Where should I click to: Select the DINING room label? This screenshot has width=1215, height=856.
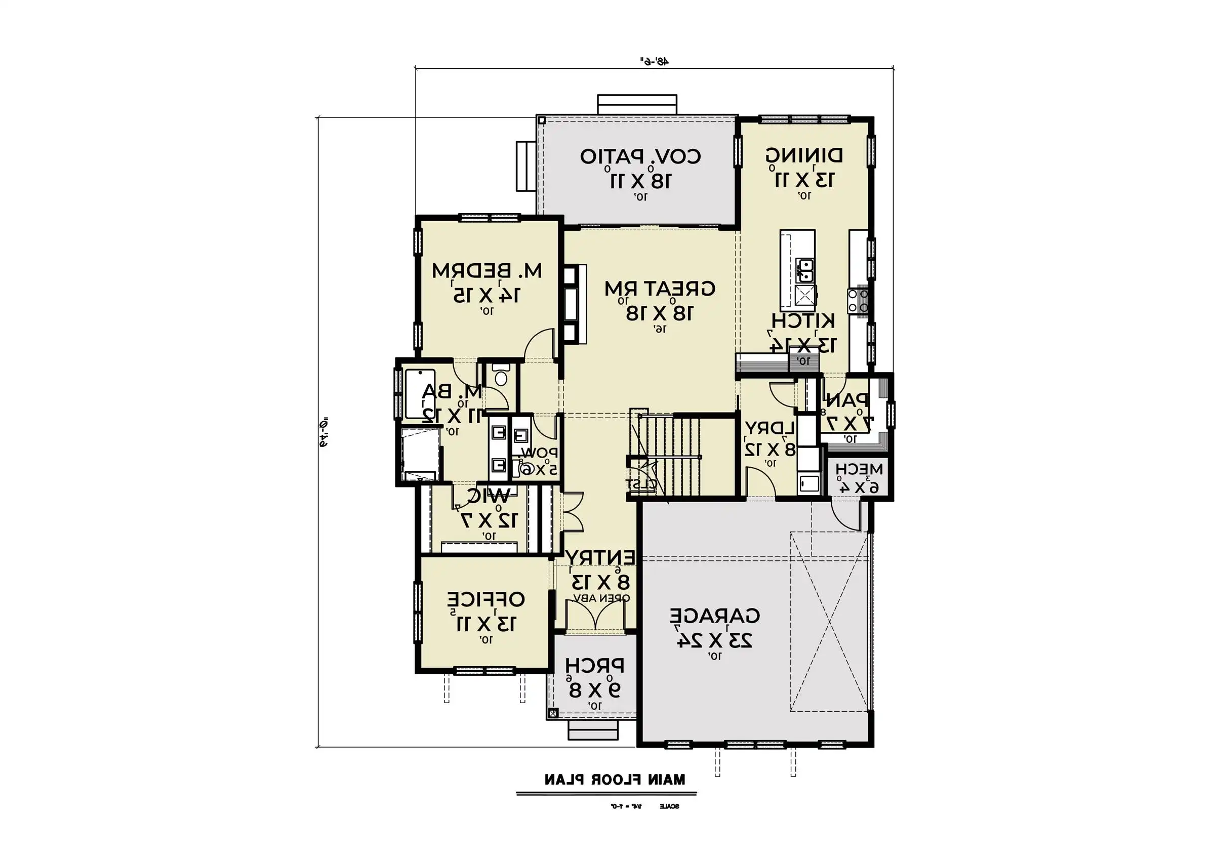[x=804, y=155]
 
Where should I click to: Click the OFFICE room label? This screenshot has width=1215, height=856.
[x=486, y=599]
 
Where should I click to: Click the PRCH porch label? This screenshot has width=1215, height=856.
[x=594, y=666]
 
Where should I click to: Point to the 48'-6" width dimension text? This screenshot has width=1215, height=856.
[x=654, y=62]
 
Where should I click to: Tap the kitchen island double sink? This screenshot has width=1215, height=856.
[x=805, y=270]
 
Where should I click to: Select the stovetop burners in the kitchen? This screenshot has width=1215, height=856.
[x=858, y=301]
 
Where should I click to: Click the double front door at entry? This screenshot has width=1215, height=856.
[x=596, y=617]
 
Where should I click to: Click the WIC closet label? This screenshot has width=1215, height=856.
[x=488, y=496]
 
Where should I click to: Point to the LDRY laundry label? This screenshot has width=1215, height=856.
[x=770, y=427]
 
